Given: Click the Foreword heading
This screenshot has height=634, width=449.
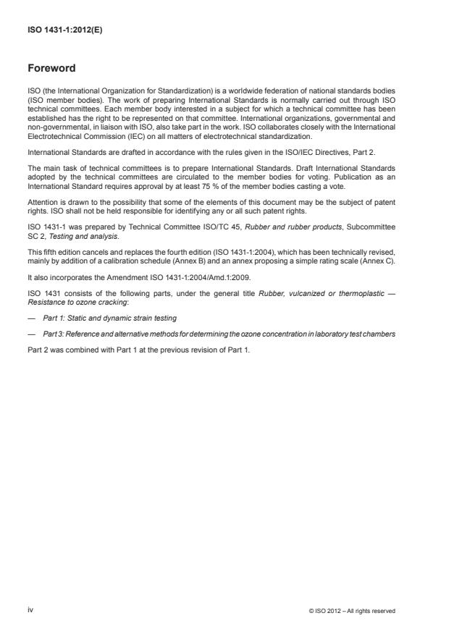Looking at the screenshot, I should click(51, 69).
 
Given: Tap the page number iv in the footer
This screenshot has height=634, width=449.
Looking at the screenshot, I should click(30, 610).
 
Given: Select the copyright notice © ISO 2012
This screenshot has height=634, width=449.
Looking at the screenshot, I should click(352, 611).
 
